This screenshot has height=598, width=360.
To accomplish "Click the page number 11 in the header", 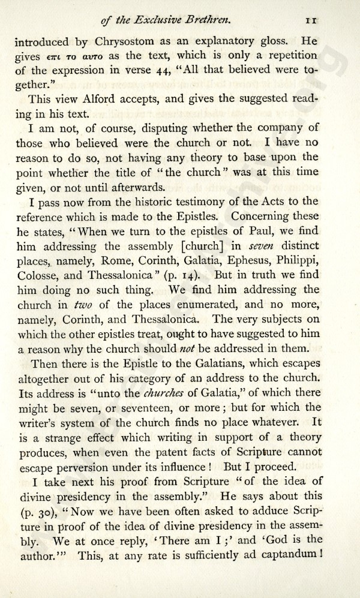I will [x=311, y=20].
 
